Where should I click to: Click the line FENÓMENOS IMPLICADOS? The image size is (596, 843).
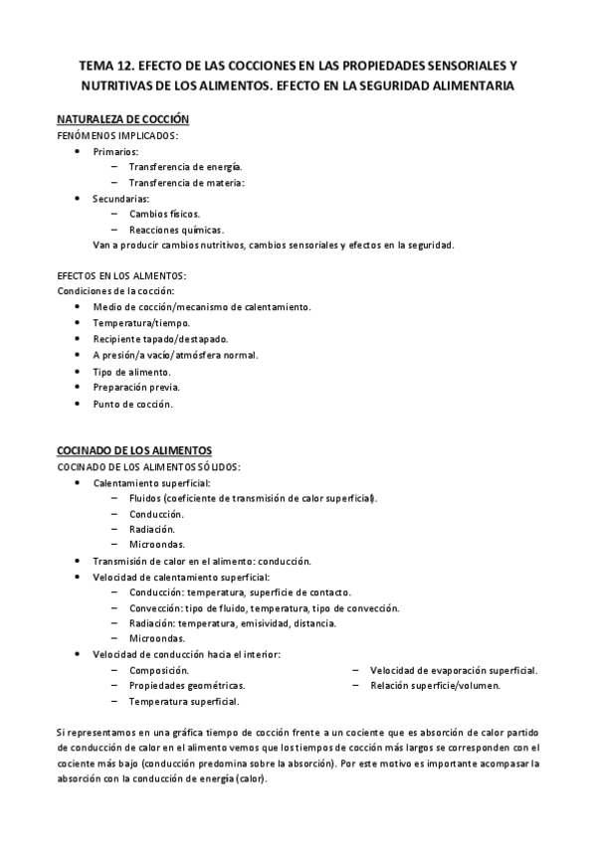(x=117, y=134)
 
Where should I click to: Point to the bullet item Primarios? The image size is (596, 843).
(x=116, y=151)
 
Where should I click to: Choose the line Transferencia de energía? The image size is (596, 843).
(x=185, y=167)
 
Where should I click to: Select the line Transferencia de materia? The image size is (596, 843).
(x=186, y=183)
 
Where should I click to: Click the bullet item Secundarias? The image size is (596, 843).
(x=120, y=199)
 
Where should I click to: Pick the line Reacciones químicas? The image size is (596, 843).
(x=175, y=230)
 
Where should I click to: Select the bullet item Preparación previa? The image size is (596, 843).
(x=136, y=388)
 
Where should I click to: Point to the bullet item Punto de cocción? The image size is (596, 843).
(x=132, y=404)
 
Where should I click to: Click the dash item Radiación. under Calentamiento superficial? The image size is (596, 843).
(x=151, y=529)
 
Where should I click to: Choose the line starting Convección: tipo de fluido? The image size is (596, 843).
(x=264, y=607)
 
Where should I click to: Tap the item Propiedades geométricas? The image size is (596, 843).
(x=187, y=686)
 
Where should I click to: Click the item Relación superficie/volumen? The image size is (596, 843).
(x=435, y=686)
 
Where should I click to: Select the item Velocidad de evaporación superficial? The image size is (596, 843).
(x=454, y=670)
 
